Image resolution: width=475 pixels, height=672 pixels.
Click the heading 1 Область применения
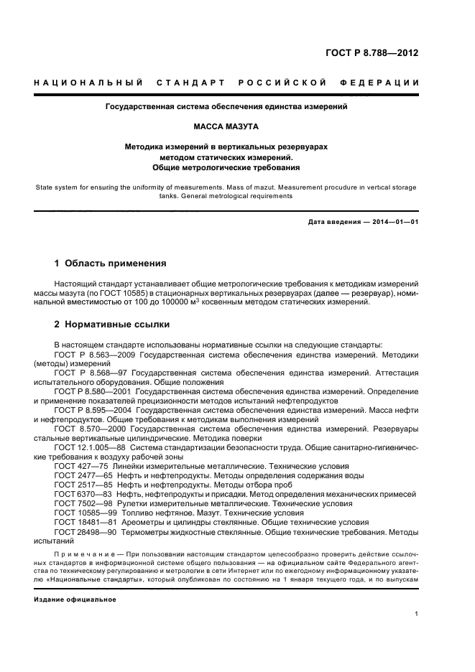pos(111,263)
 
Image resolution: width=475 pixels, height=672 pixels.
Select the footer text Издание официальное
pos(74,599)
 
